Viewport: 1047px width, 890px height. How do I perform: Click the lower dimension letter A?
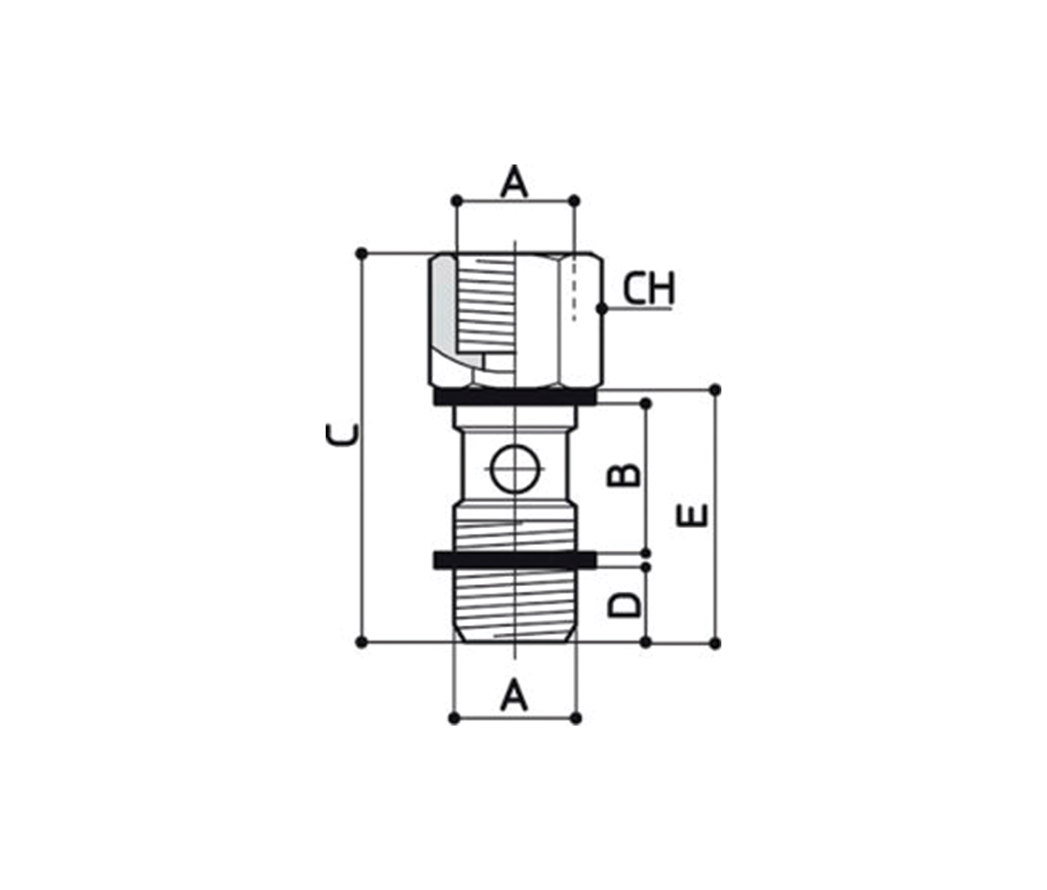[514, 695]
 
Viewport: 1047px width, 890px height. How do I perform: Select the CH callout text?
[649, 289]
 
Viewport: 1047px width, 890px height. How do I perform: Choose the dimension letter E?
[692, 516]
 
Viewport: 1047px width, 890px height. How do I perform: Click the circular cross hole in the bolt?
[514, 469]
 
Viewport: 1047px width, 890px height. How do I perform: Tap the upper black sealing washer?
[515, 397]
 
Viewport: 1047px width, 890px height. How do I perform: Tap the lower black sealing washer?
[515, 559]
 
